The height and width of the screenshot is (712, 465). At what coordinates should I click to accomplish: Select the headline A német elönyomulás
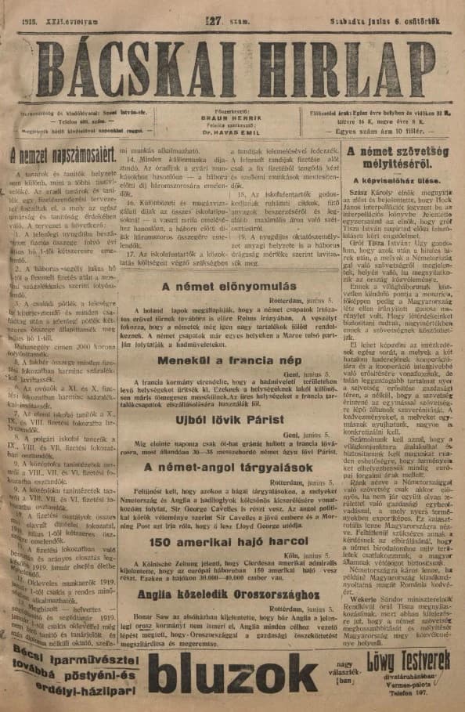click(229, 287)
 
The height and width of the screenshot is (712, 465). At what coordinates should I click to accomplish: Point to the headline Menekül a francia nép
click(229, 361)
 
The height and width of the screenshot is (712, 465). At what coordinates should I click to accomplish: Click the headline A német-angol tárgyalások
click(229, 468)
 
